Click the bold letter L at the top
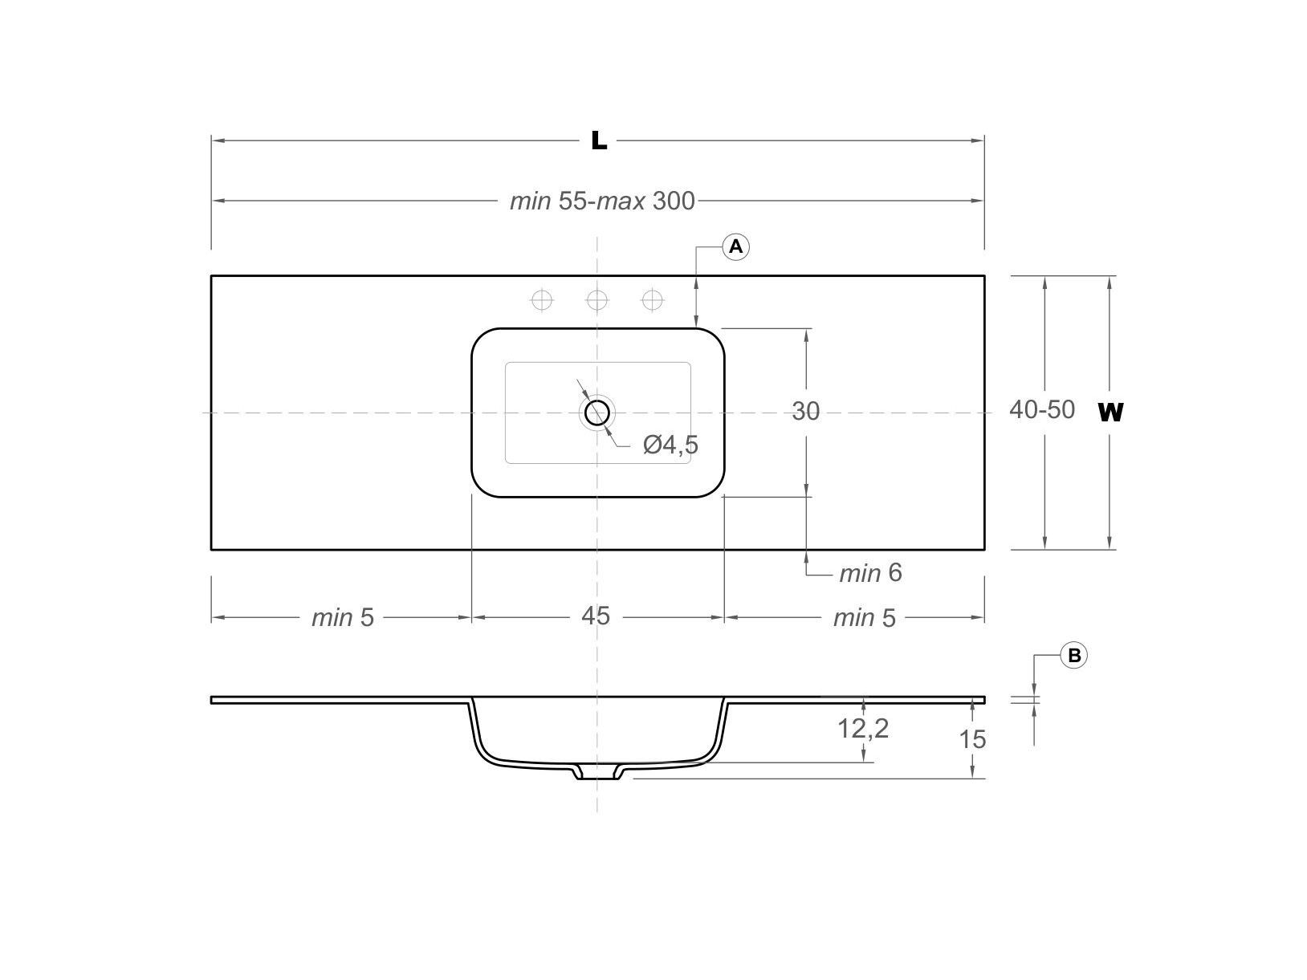tap(598, 141)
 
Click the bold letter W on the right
tap(1110, 413)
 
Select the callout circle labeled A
tap(736, 246)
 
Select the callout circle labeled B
tap(1074, 656)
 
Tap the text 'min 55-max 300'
tap(602, 201)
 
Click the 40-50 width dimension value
tap(1041, 410)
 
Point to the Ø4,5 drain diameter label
tap(670, 445)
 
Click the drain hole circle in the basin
tap(597, 413)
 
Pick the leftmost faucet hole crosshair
tap(543, 300)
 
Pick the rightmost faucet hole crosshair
tap(653, 300)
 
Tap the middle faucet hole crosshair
tap(597, 300)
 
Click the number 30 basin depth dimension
tap(805, 412)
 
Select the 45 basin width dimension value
tap(596, 616)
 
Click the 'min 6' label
tap(870, 574)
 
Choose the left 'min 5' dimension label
tap(343, 618)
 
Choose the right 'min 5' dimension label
tap(864, 618)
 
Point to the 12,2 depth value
tap(863, 729)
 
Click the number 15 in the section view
tap(972, 739)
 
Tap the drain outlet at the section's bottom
tap(597, 773)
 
